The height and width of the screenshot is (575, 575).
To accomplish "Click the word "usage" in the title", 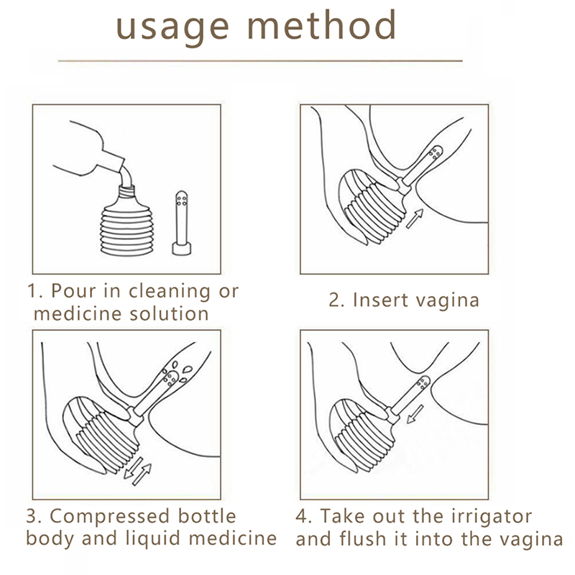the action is [x=172, y=28].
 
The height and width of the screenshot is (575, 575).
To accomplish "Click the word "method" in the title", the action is [x=322, y=24].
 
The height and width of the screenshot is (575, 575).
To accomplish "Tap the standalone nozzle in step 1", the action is [x=182, y=223].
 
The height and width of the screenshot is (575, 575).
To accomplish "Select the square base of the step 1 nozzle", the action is [x=182, y=248].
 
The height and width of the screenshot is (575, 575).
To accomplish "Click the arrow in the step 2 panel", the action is [x=415, y=218].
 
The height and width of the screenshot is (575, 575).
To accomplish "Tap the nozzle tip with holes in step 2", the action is [x=436, y=152].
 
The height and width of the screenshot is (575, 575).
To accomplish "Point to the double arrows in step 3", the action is [x=137, y=471].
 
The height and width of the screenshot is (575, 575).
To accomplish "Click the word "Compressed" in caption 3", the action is [x=110, y=517].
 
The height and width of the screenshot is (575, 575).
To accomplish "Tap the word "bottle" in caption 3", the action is [x=207, y=515].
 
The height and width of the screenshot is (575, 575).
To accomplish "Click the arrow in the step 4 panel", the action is [x=415, y=414].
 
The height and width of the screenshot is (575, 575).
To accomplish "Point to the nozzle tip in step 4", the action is [x=423, y=383].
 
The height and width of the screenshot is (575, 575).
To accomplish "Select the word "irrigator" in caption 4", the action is [x=490, y=517].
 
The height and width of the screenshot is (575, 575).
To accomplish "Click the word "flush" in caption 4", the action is [x=363, y=538].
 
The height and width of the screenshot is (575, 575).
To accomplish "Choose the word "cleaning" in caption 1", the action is [x=170, y=292].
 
